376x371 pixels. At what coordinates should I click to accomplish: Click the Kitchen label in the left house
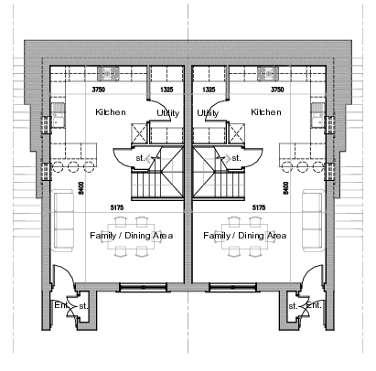(111, 111)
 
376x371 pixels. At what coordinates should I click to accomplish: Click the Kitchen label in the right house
(266, 111)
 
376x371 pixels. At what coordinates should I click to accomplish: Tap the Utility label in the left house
(167, 112)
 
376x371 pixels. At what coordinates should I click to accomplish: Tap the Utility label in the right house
(209, 112)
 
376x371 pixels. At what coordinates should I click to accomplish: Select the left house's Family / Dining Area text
(131, 236)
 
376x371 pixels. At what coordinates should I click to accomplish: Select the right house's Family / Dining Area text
(245, 236)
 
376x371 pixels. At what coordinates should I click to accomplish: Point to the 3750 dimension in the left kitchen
(99, 90)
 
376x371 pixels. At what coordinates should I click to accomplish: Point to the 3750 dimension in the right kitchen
(278, 90)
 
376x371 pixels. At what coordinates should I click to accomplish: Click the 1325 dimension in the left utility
(167, 90)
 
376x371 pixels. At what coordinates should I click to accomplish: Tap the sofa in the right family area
(312, 220)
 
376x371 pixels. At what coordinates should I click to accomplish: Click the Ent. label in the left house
(59, 304)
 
